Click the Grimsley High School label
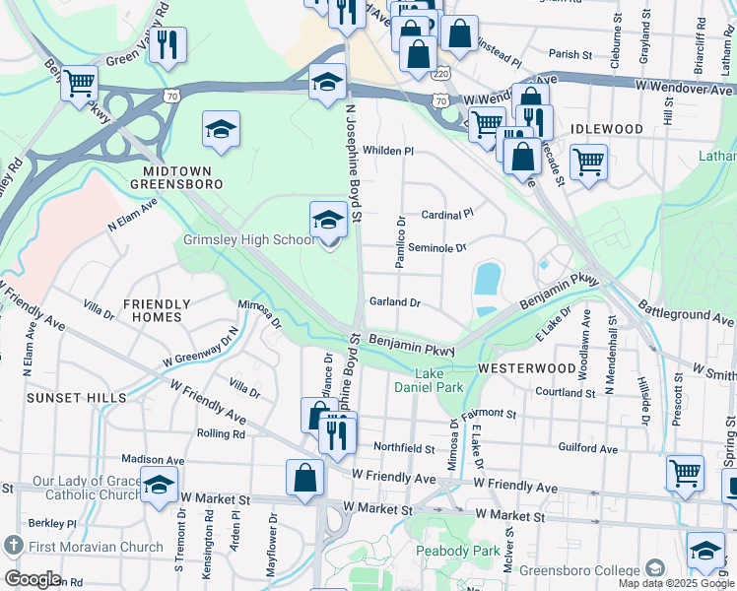point(249,239)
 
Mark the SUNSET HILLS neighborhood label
point(77,397)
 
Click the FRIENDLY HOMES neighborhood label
point(152,310)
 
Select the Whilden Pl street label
point(388,151)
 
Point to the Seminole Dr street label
point(436,248)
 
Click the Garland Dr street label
point(395,302)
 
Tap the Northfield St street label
point(404,448)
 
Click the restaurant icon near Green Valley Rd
point(168,45)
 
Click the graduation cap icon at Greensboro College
point(705,552)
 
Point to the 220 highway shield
point(440,74)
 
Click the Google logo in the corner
point(33,579)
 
